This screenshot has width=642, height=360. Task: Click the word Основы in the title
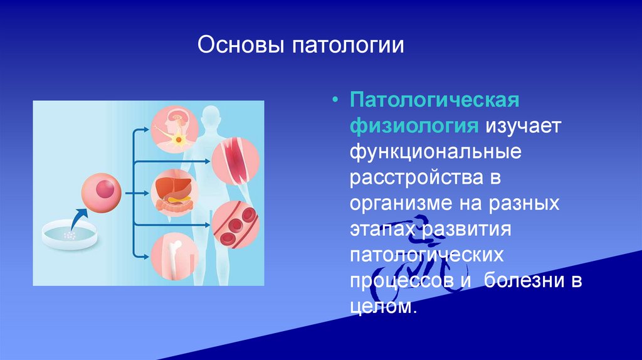point(241,45)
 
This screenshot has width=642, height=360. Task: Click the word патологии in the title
point(348,46)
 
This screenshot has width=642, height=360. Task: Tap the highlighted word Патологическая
point(434,100)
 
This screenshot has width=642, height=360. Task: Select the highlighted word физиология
point(414,125)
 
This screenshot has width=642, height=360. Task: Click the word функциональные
point(436,152)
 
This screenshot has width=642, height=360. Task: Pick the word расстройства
point(416,178)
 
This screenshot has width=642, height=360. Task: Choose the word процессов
point(402,282)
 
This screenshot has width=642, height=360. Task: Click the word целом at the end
point(382,306)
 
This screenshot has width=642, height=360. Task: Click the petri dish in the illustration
point(70,235)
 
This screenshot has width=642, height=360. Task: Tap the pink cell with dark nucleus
point(101,193)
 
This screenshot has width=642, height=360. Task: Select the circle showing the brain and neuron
point(174,129)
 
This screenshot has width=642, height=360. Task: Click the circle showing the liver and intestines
point(174,193)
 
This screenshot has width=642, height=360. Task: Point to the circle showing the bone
point(174,257)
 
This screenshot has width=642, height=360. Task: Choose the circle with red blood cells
point(236,225)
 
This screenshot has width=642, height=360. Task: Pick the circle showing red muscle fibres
point(236,161)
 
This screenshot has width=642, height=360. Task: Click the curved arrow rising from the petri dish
point(78,220)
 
